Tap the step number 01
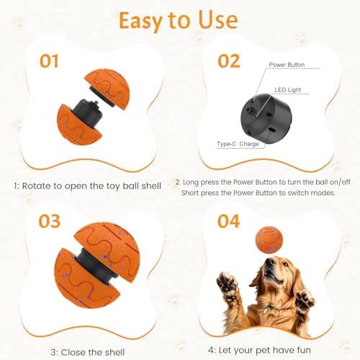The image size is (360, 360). coord(49,61)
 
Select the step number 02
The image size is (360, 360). coord(228,60)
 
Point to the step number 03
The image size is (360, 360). coord(49,221)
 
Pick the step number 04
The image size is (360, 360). coord(228,221)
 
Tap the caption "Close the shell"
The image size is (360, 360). coord(86,352)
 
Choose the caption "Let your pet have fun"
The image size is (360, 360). coord(266,352)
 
